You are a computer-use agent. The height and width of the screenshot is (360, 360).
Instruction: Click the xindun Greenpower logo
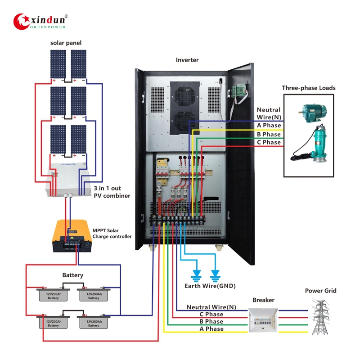pyautogui.click(x=40, y=21)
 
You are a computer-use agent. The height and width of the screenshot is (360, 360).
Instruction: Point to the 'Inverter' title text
pyautogui.click(x=187, y=60)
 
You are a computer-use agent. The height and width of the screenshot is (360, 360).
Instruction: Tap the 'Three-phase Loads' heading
pyautogui.click(x=309, y=88)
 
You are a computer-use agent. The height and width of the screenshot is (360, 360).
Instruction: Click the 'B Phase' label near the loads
pyautogui.click(x=269, y=134)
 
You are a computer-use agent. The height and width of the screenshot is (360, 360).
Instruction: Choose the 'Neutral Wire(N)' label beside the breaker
pyautogui.click(x=211, y=307)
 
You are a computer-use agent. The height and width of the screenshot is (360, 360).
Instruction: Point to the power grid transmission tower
pyautogui.click(x=320, y=317)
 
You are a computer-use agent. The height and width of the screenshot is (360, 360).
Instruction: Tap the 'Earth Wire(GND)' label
pyautogui.click(x=210, y=286)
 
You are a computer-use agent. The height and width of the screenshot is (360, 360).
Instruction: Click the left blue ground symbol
pyautogui.click(x=196, y=274)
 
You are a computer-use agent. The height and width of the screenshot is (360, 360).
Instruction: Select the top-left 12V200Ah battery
pyautogui.click(x=54, y=295)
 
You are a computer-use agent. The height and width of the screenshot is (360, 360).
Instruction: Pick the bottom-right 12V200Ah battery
pyautogui.click(x=94, y=323)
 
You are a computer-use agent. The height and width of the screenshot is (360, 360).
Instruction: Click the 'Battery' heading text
pyautogui.click(x=72, y=275)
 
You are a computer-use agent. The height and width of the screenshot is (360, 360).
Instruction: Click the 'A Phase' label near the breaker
pyautogui.click(x=211, y=329)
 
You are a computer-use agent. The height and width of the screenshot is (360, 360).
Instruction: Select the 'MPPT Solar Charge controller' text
pyautogui.click(x=112, y=233)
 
